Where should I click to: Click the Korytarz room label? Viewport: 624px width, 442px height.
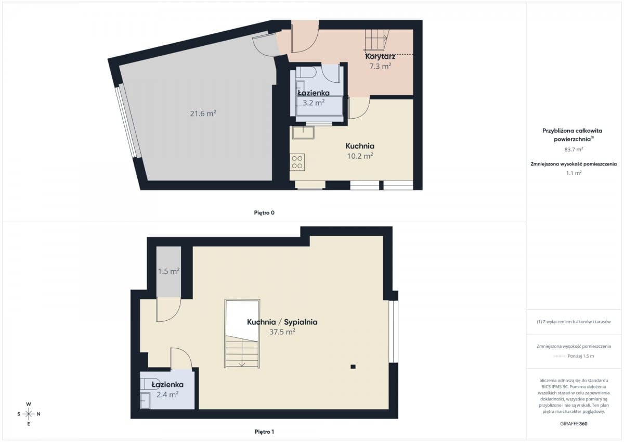coord(380,57)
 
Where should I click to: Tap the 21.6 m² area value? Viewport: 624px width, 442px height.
coord(203,113)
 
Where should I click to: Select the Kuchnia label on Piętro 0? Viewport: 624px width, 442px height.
coord(360,146)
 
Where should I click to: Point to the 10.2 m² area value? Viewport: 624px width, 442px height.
coord(360,156)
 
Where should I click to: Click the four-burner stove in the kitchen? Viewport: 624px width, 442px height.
coord(297,162)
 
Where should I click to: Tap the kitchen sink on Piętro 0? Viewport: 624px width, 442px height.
coord(303,132)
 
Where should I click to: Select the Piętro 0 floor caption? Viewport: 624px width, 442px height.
coord(264,213)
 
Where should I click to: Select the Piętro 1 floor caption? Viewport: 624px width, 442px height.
coord(264,432)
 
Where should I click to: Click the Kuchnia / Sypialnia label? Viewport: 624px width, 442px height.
coord(282,322)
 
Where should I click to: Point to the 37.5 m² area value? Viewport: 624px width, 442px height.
coord(282,332)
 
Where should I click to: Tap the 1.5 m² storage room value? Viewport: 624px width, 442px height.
coord(168,271)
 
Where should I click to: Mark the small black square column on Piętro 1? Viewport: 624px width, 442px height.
coord(353,367)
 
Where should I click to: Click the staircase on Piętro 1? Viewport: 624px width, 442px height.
coord(242,334)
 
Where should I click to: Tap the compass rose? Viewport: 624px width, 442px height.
coord(29,414)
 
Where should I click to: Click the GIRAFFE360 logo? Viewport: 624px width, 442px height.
coord(574,424)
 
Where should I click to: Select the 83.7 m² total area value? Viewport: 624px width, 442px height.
coord(574,149)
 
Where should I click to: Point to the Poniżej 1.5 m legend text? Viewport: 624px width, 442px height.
coord(581,356)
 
